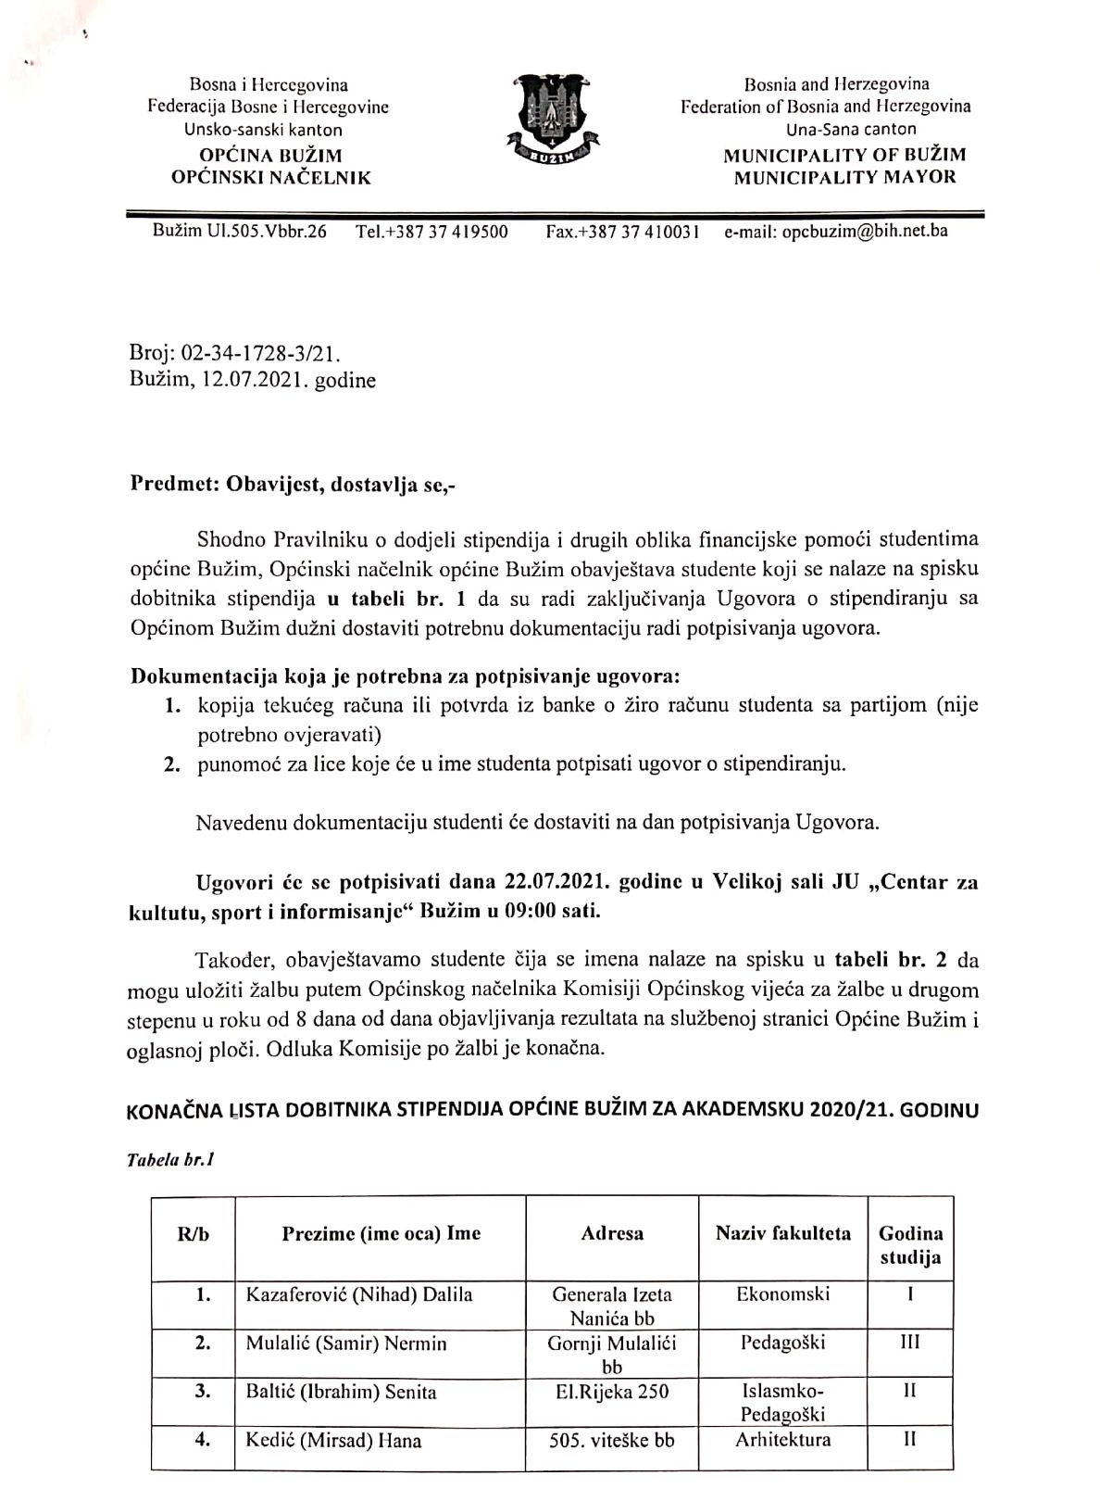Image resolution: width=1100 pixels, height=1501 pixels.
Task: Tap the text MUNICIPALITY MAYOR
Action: (844, 177)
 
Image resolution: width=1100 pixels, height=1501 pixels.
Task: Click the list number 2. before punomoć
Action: (173, 764)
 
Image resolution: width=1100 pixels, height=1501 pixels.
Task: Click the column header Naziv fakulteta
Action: (782, 1233)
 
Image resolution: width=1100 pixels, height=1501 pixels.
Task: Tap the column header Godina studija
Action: (910, 1245)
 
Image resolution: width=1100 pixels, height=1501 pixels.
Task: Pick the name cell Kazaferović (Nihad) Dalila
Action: (358, 1294)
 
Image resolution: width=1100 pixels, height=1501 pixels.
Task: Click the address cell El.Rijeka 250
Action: (611, 1392)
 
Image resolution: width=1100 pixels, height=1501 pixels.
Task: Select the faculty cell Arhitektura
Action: (782, 1439)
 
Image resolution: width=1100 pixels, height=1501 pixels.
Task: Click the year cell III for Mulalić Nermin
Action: (910, 1343)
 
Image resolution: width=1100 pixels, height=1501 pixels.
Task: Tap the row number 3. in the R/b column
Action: (204, 1392)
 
